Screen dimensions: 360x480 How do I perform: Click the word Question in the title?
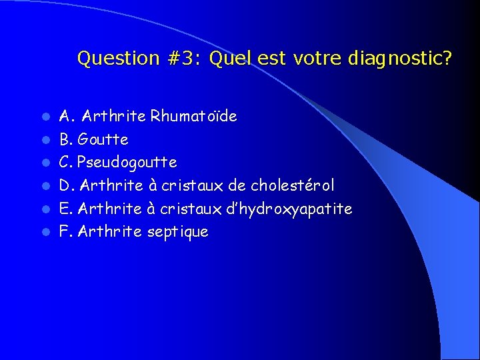pyautogui.click(x=118, y=59)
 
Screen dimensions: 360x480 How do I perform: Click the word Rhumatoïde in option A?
pyautogui.click(x=193, y=117)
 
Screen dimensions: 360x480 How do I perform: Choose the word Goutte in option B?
pyautogui.click(x=103, y=140)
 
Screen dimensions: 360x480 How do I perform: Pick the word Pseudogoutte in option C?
pyautogui.click(x=127, y=163)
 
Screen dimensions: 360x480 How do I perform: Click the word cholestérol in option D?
pyautogui.click(x=293, y=185)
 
